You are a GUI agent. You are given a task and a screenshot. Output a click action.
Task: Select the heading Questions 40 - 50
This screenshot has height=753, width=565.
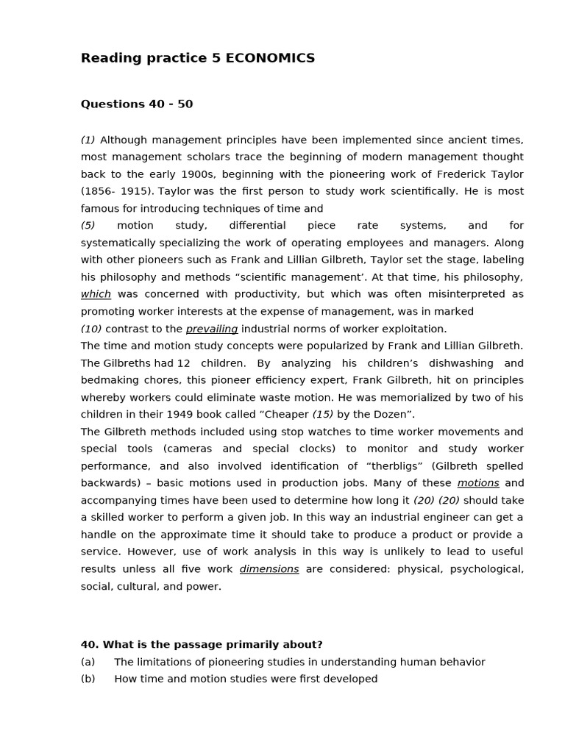(x=137, y=104)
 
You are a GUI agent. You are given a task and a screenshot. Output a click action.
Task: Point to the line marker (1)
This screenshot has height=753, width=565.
(x=88, y=140)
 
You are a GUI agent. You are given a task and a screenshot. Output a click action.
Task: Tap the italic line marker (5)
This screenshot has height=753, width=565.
(x=88, y=226)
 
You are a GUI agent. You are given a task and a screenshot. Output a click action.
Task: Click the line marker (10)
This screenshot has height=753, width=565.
(x=91, y=329)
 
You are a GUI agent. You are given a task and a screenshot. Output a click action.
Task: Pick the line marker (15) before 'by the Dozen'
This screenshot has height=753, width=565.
(x=323, y=415)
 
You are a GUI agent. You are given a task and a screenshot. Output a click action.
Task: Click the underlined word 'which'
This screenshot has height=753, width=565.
(x=96, y=294)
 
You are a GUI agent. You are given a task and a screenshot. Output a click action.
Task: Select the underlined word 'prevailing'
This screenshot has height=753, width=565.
(x=212, y=329)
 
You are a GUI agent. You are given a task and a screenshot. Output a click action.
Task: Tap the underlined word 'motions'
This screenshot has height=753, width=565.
(x=478, y=483)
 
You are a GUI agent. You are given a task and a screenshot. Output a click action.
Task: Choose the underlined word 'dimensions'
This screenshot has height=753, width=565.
(x=269, y=569)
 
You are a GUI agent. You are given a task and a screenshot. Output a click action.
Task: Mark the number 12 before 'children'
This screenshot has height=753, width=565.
(x=184, y=363)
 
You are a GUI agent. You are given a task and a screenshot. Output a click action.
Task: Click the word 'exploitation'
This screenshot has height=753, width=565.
(x=413, y=329)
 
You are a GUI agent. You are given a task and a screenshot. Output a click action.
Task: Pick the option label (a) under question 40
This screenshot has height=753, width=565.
(x=88, y=662)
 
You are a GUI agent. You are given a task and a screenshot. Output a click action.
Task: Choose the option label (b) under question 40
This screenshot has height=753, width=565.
(x=88, y=679)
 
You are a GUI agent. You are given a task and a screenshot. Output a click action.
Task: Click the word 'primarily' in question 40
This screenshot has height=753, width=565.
(x=252, y=645)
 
